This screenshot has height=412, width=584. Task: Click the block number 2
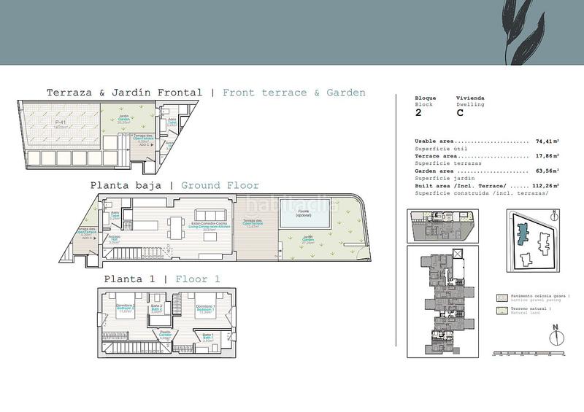click(418, 113)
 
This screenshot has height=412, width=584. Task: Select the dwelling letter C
click(460, 113)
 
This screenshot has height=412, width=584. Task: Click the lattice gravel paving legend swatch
click(501, 298)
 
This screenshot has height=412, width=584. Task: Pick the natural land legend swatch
click(501, 311)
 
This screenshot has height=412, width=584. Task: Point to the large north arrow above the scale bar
click(556, 335)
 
